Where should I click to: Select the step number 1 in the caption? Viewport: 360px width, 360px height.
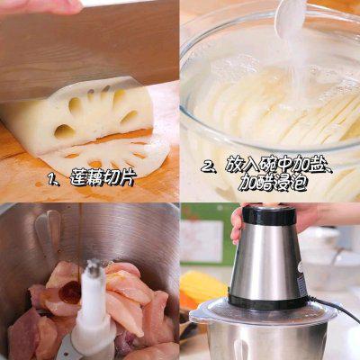(53, 179)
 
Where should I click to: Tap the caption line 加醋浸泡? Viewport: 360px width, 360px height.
(273, 183)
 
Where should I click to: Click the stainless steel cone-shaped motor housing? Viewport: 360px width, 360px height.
(267, 261)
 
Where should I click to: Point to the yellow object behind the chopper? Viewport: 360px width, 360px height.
(202, 287)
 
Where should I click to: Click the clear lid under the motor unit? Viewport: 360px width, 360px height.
(264, 312)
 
